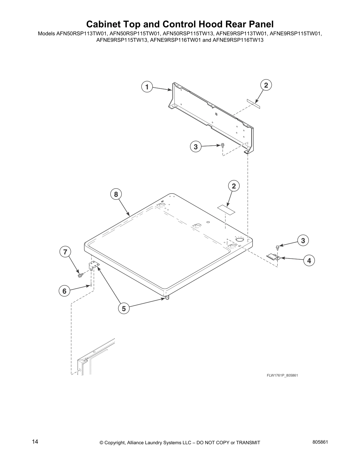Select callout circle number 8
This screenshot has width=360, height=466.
point(116,194)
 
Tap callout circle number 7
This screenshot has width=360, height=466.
point(65,252)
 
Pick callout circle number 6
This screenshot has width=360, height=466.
point(64,291)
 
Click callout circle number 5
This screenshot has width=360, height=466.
point(124,309)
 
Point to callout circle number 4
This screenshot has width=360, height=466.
point(309,261)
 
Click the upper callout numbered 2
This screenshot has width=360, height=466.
point(266,85)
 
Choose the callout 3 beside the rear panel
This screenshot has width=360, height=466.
point(196,147)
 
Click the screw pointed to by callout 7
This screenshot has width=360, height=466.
point(80,275)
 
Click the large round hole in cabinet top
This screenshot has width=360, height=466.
point(239,240)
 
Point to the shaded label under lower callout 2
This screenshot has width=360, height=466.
point(226,209)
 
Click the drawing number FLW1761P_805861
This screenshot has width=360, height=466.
point(278,375)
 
